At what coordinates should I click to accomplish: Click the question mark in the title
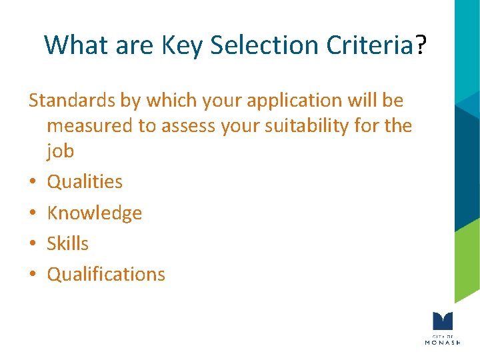tap(421, 45)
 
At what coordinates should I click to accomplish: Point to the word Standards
tap(73, 101)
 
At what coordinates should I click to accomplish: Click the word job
tap(60, 151)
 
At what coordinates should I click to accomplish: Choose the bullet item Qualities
tap(85, 181)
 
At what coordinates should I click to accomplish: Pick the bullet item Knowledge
tap(94, 213)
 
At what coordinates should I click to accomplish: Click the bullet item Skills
tap(67, 243)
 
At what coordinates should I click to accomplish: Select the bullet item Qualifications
tap(106, 274)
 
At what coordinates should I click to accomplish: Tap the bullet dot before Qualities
tap(33, 182)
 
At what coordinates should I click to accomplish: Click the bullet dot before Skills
tap(33, 244)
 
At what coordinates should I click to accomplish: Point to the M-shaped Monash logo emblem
tap(442, 321)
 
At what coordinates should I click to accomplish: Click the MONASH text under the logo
tap(442, 342)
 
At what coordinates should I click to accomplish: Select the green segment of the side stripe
tap(467, 260)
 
